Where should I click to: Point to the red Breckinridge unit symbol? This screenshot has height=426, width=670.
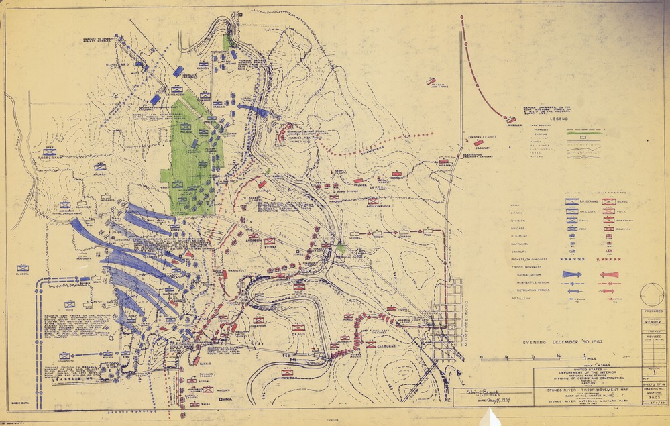tap(372, 200)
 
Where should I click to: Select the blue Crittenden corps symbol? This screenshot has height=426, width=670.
tap(176, 89)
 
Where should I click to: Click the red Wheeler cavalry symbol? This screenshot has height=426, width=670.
tap(512, 121)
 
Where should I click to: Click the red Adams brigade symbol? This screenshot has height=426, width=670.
tap(443, 162)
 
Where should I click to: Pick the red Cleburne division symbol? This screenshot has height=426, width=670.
tap(371, 344)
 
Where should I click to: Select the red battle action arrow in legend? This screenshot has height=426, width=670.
tap(610, 274)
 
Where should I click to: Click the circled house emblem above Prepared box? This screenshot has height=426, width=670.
tap(652, 295)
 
